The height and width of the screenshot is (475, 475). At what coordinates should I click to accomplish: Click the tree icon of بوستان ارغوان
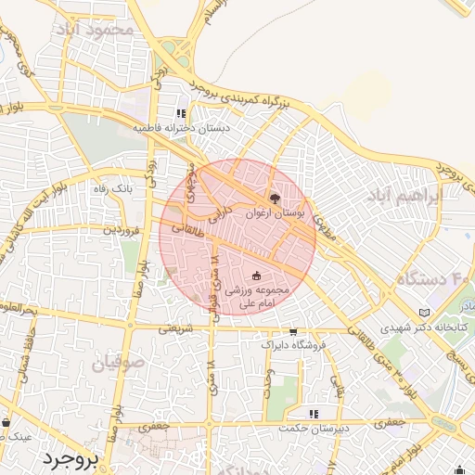tap(274, 198)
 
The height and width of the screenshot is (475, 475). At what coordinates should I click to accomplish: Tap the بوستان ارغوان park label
tap(275, 212)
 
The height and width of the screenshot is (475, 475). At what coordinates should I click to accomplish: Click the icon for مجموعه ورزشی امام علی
tap(257, 276)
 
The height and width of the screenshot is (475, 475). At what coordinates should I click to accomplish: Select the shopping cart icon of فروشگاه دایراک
tap(294, 331)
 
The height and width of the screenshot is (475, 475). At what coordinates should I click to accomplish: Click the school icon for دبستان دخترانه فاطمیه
tap(182, 114)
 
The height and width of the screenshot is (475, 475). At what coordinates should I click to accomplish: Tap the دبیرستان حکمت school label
tap(315, 428)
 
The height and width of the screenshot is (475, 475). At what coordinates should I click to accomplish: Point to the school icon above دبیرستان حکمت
tap(315, 413)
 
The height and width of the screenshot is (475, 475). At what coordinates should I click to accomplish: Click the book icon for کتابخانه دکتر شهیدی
tap(425, 313)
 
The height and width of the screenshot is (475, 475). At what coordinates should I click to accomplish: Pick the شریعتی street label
tap(175, 327)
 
